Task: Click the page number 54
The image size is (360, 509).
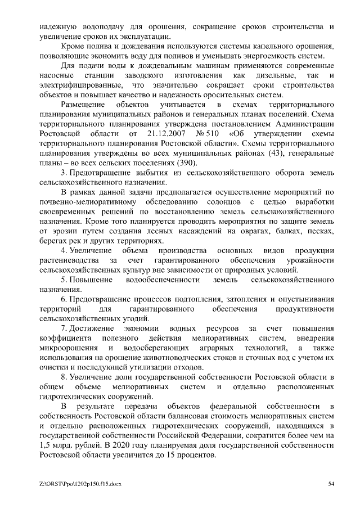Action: [x=331, y=483]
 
